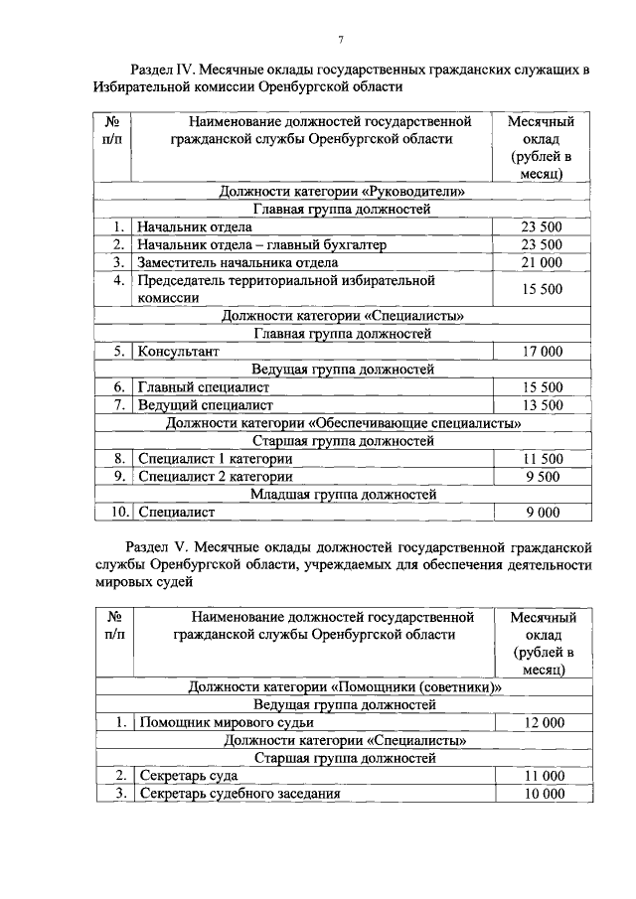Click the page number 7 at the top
pos(340,39)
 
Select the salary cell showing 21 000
pos(542,262)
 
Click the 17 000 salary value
pos(542,351)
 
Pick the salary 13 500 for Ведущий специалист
pos(542,405)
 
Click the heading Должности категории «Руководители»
pos(343,191)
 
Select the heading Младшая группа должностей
pos(343,494)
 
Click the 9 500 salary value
pos(542,476)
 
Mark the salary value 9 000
pos(542,513)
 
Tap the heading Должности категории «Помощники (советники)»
pos(343,686)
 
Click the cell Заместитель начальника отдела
pos(238,262)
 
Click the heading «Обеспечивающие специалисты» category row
pos(343,423)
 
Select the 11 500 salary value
pos(542,458)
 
